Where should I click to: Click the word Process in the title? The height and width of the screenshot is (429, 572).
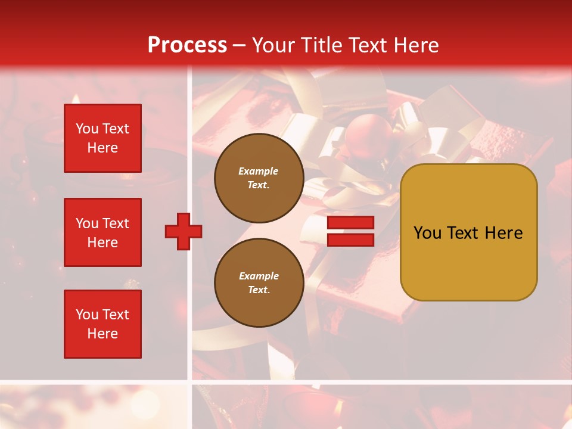[x=187, y=45]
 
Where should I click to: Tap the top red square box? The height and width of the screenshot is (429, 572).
[x=102, y=138]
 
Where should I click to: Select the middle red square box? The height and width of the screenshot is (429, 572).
[x=102, y=232]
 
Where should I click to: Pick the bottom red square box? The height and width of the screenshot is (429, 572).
[x=102, y=324]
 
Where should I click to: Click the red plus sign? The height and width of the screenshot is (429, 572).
[x=184, y=231]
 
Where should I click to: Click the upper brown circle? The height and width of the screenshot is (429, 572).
[x=259, y=178]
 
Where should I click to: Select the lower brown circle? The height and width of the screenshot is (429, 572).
[x=259, y=283]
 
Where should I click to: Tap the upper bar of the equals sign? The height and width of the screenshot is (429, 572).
[x=351, y=222]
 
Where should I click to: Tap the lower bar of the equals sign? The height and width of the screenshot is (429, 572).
[x=351, y=240]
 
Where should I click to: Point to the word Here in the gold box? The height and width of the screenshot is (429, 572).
[x=503, y=232]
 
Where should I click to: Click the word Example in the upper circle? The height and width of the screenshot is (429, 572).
[x=258, y=171]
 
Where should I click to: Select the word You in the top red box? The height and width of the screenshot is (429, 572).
[x=87, y=129]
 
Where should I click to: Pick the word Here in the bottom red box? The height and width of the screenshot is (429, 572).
[x=102, y=334]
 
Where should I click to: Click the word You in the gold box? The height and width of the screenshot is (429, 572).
[x=427, y=232]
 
